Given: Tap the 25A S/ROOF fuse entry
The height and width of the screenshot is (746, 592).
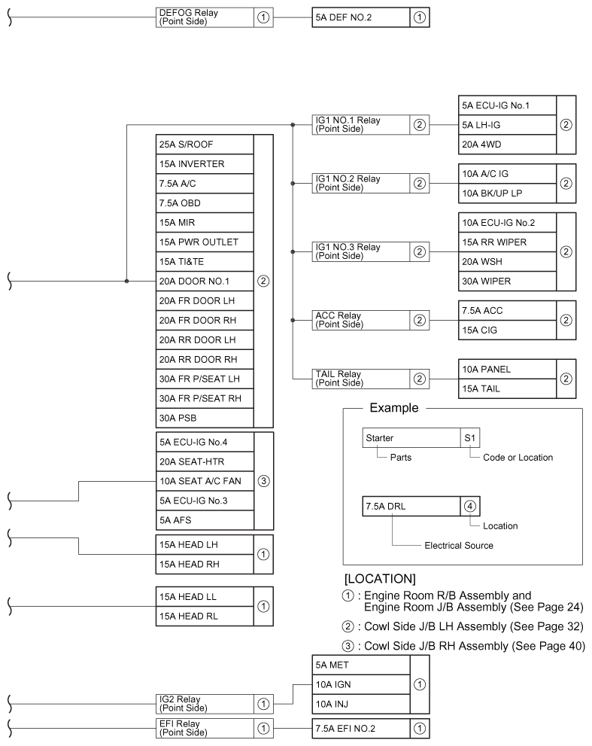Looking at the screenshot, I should coord(203,144).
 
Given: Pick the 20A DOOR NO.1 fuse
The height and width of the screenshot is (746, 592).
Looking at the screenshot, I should coord(203,282).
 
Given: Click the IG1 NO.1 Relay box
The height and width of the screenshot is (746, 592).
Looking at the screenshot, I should coord(360,123).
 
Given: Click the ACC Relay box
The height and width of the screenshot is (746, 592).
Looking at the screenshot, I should coord(360,320).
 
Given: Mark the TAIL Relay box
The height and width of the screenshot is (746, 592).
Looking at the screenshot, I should coord(360,379).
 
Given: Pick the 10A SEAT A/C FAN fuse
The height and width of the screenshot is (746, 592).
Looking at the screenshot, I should coord(203,481).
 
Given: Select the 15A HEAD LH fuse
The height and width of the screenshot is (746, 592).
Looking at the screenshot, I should coord(203,544).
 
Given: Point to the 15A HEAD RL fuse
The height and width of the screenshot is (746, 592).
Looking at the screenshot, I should coord(203,614).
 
